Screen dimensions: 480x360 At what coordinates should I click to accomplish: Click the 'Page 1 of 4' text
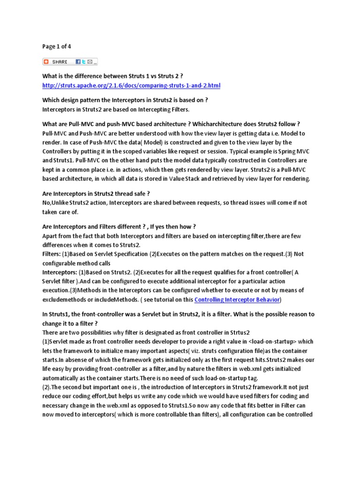57,46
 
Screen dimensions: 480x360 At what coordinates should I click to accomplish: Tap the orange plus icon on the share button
46,62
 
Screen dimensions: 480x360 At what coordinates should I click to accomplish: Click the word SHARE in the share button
60,62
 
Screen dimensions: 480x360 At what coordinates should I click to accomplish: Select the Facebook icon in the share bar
78,62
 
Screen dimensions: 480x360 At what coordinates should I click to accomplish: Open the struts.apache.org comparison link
131,86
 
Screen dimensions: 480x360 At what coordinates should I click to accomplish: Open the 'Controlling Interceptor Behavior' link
237,300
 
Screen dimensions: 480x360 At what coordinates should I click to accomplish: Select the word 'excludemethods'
64,300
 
